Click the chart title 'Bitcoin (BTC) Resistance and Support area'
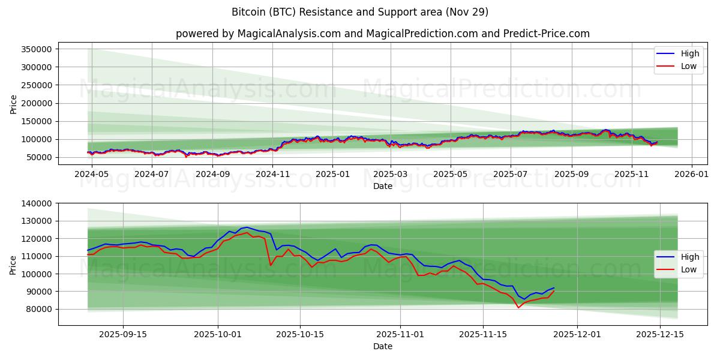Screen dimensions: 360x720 coord(359,12)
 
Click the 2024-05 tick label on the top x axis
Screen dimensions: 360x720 coord(92,174)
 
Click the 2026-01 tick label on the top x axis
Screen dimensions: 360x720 coord(692,174)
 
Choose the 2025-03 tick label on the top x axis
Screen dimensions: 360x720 coord(391,174)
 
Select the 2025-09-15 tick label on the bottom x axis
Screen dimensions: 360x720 coord(122,334)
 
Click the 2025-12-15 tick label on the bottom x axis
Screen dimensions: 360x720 coord(660,334)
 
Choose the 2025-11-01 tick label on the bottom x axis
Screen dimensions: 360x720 coord(400,334)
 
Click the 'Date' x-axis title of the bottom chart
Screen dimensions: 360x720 coord(383,346)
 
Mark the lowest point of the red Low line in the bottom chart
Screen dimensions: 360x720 coord(518,308)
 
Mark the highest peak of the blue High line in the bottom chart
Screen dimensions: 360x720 coord(247,227)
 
